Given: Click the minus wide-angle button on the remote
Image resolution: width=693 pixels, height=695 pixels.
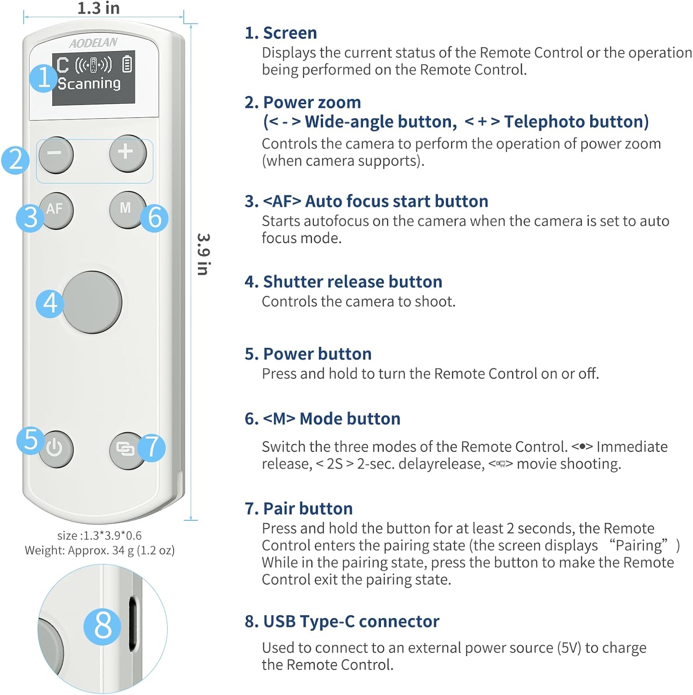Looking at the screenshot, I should pyautogui.click(x=56, y=154).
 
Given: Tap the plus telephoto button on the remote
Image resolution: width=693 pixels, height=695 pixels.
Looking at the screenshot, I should pyautogui.click(x=127, y=153).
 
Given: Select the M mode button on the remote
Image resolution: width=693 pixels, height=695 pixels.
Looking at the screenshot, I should pyautogui.click(x=126, y=209).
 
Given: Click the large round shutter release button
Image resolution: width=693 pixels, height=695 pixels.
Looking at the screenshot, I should pyautogui.click(x=92, y=303).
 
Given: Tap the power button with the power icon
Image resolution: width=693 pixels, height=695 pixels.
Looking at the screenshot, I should pyautogui.click(x=56, y=449).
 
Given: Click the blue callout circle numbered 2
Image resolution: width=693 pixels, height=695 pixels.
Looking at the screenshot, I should pyautogui.click(x=16, y=160).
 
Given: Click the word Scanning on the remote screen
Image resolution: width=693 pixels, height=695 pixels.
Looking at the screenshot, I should pyautogui.click(x=89, y=83).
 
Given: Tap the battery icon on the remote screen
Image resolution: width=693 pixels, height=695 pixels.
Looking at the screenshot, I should pyautogui.click(x=127, y=64).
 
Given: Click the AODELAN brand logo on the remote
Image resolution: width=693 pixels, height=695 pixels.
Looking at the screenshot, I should pyautogui.click(x=94, y=43).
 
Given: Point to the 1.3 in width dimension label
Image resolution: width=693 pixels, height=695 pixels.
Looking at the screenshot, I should pyautogui.click(x=98, y=8).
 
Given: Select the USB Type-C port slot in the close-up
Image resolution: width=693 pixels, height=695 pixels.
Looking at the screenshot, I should pyautogui.click(x=133, y=623).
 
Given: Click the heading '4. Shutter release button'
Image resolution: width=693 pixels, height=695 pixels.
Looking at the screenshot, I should pyautogui.click(x=343, y=282).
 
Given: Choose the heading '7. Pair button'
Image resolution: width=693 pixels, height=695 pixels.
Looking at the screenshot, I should pyautogui.click(x=299, y=508).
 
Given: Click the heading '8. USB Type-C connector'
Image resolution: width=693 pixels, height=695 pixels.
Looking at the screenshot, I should pyautogui.click(x=342, y=621).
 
